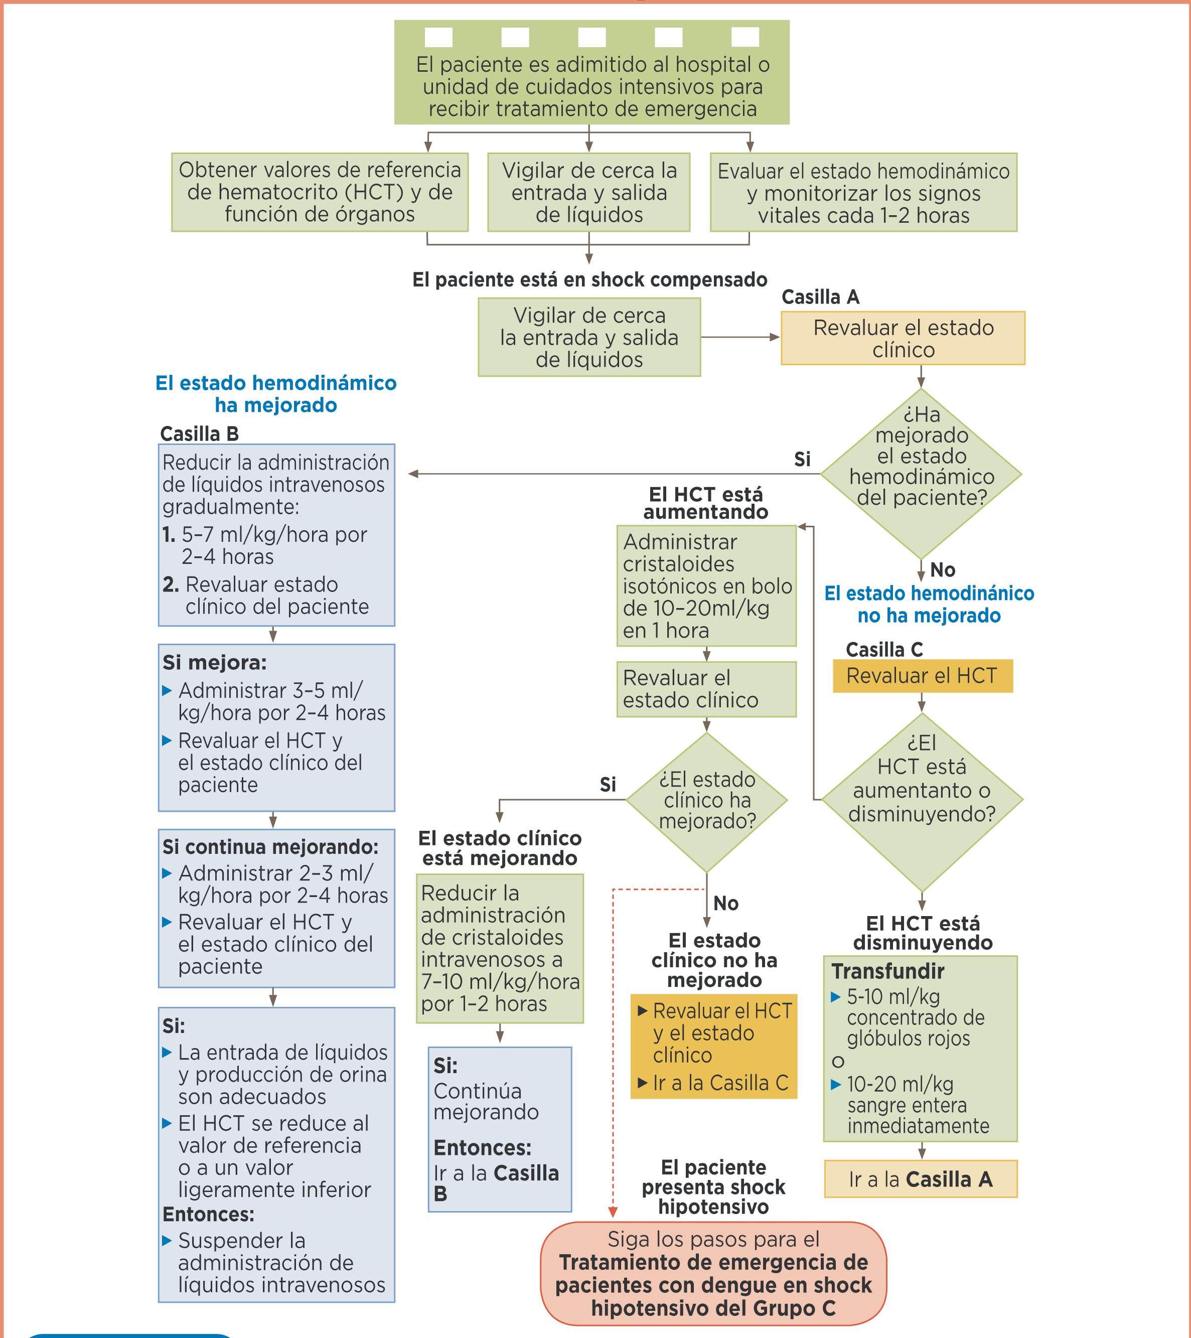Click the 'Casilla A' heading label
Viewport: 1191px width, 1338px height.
pos(820,297)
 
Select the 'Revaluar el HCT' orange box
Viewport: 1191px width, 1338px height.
pos(922,676)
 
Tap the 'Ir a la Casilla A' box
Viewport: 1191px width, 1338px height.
pos(921,1179)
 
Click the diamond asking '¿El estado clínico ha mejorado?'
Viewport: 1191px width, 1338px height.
pos(706,801)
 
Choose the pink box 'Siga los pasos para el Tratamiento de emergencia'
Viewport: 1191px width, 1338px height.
pos(713,1273)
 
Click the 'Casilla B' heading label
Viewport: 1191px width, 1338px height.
pos(199,434)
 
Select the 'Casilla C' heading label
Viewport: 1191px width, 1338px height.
pos(884,649)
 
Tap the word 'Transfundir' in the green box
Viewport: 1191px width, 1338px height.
pos(888,971)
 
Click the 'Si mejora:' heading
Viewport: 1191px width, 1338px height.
pos(215,662)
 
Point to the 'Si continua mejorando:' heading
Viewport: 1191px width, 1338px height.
pos(270,847)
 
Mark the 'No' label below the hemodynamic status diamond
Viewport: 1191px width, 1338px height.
pos(942,570)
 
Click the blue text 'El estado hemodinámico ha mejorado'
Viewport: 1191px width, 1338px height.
pos(275,394)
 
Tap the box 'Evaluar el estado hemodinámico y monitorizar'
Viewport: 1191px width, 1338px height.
pos(863,193)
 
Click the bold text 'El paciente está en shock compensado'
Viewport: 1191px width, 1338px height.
pos(589,280)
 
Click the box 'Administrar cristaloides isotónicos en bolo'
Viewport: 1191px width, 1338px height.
pos(706,586)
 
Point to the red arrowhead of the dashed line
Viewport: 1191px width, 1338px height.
pos(613,1212)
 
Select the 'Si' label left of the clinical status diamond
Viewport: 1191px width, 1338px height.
pos(608,784)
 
